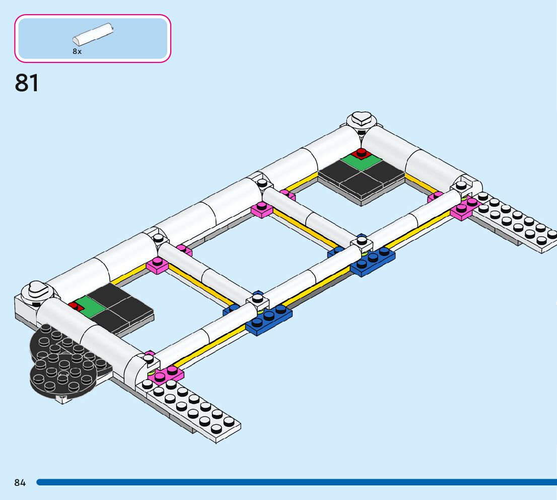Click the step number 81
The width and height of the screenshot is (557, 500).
click(x=27, y=83)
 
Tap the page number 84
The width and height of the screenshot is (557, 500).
click(x=20, y=483)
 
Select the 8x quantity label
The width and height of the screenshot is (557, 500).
click(x=77, y=51)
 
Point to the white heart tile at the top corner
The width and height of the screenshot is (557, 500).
click(x=360, y=119)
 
